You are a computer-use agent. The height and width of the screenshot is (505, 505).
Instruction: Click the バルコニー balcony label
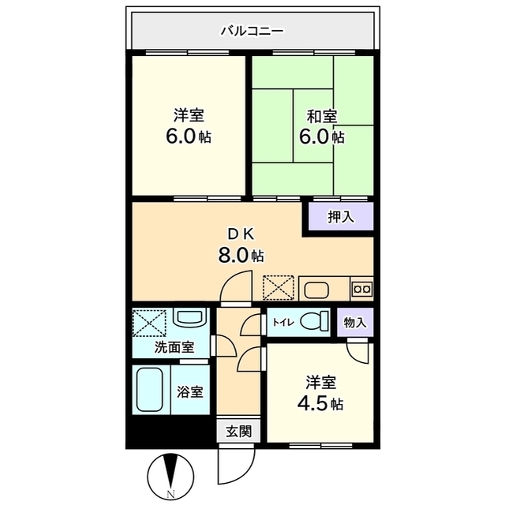(x=252, y=32)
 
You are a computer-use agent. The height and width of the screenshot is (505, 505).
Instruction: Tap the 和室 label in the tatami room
(x=322, y=116)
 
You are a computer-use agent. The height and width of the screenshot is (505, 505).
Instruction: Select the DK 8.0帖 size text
(x=241, y=256)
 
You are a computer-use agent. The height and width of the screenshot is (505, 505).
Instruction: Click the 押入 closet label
(x=341, y=217)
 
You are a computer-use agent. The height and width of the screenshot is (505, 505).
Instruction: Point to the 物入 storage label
(x=355, y=322)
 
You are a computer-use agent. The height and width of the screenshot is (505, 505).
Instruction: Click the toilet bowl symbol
(x=315, y=321)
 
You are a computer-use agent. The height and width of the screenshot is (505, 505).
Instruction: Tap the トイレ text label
(x=283, y=322)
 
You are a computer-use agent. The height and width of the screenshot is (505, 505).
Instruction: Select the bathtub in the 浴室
(x=149, y=390)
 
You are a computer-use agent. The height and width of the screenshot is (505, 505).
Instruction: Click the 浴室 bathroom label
(x=190, y=391)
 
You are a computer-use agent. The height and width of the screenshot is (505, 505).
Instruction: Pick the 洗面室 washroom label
(x=174, y=347)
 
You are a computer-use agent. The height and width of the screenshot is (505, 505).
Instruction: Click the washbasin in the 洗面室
(x=189, y=318)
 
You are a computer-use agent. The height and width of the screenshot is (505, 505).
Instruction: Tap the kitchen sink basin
(x=316, y=290)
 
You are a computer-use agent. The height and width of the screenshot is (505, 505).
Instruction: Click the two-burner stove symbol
(x=362, y=289)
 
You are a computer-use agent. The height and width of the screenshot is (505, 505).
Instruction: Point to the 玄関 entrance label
(x=238, y=432)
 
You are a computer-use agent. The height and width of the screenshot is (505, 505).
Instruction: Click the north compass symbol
(x=170, y=477)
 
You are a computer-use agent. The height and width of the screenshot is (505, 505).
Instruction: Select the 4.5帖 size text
(x=320, y=403)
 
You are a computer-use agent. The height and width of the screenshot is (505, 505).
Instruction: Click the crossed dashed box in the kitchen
(x=279, y=287)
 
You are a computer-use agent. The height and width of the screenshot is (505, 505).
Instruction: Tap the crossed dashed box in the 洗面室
(x=149, y=323)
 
